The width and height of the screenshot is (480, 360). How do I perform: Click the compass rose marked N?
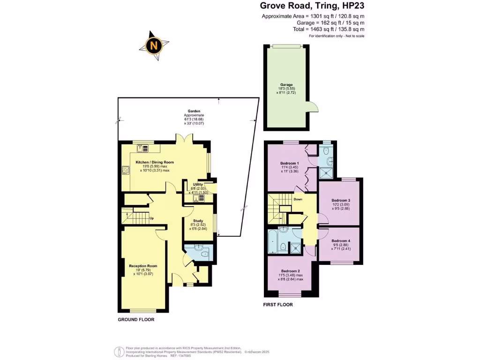(153, 46)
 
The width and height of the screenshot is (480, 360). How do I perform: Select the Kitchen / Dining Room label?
(155, 162)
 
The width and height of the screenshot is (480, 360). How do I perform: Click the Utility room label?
(196, 185)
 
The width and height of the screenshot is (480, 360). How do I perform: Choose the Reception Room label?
(143, 266)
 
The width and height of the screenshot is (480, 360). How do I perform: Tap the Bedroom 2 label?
(290, 271)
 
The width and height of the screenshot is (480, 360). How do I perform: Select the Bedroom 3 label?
(341, 200)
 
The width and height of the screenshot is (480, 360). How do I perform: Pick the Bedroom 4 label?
(341, 240)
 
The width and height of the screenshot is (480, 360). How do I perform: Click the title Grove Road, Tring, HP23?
(312, 6)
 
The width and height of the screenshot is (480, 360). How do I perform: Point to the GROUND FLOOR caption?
(135, 320)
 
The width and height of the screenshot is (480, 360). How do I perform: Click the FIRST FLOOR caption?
(278, 305)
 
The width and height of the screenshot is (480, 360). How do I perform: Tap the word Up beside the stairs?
(151, 218)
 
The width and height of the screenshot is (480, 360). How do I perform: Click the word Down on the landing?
(298, 199)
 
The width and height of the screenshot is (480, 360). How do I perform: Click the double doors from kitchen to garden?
(183, 139)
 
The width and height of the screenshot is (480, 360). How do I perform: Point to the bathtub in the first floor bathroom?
(272, 241)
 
